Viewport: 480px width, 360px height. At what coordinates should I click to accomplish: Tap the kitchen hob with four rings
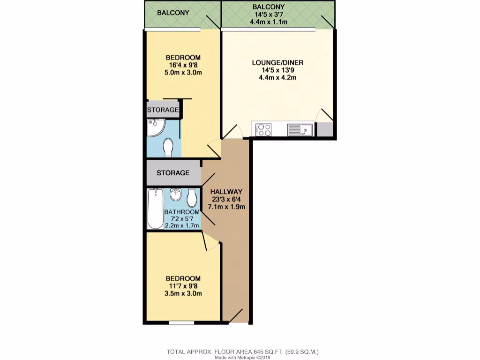[263, 129]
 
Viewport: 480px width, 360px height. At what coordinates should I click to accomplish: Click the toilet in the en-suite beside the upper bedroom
[169, 148]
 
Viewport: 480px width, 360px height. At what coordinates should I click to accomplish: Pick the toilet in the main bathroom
[192, 198]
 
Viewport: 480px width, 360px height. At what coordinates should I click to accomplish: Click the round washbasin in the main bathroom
[176, 194]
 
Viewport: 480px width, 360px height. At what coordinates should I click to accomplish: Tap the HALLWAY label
[226, 191]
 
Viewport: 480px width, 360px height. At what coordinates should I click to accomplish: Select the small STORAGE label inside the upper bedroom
[163, 110]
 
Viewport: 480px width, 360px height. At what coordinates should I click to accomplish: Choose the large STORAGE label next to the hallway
[173, 173]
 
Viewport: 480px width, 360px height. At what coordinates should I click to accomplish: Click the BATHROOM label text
[182, 212]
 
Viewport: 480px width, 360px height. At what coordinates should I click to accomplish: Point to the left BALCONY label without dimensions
[173, 13]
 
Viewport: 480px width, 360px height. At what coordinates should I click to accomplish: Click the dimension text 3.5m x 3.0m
[183, 294]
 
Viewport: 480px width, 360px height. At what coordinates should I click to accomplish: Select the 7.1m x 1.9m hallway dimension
[228, 207]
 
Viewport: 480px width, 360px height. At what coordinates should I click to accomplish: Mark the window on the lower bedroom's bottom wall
[181, 322]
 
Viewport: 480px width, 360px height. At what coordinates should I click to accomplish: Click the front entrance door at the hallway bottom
[236, 315]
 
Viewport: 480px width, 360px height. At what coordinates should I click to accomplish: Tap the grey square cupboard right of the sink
[324, 129]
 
